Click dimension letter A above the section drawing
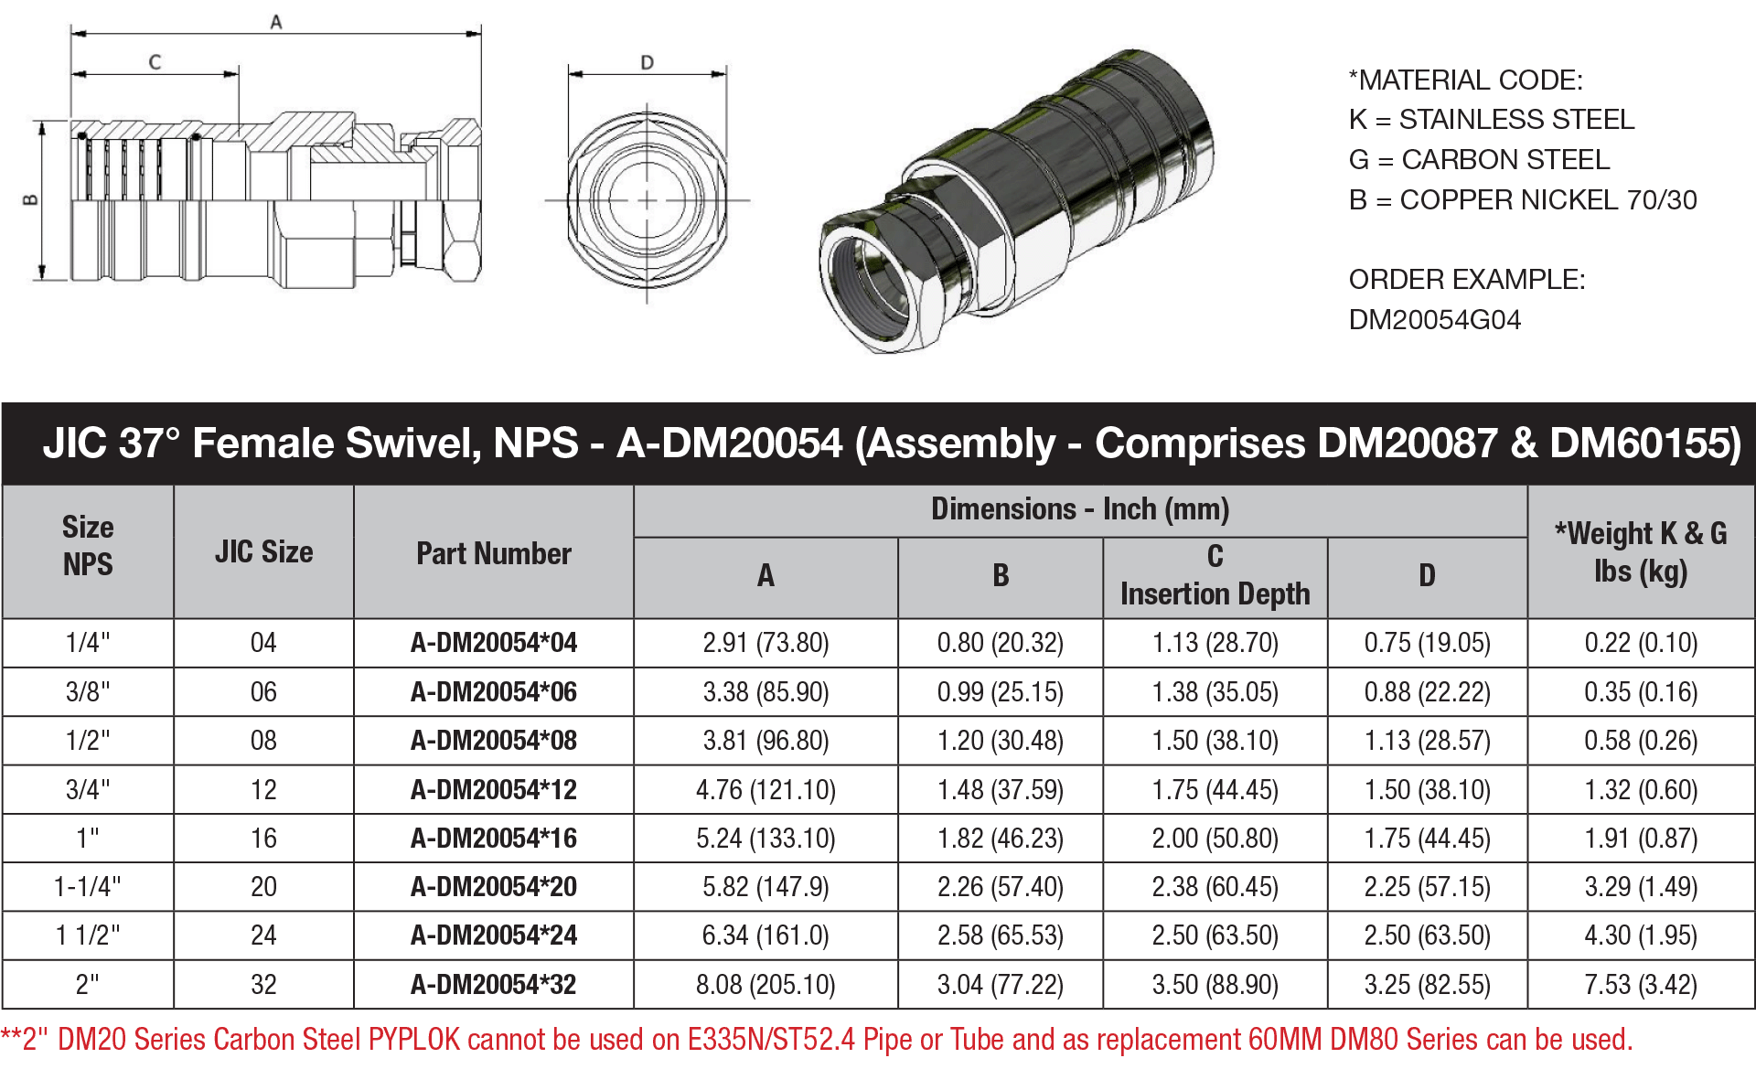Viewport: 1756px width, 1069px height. point(276,22)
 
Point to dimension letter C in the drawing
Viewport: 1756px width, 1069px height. point(155,62)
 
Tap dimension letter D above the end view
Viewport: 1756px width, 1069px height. point(648,62)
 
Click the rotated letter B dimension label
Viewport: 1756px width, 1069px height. point(30,199)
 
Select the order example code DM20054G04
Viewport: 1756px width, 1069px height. point(1434,320)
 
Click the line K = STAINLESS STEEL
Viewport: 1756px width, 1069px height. point(1491,120)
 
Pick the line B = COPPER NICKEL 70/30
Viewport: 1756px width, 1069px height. point(1522,200)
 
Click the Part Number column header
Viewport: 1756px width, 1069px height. point(493,553)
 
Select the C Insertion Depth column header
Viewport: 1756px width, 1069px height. point(1215,576)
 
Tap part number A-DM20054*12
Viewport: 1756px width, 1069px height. point(493,790)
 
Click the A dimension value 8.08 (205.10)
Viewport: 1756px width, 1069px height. point(766,985)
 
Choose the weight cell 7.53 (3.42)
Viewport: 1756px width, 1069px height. point(1641,985)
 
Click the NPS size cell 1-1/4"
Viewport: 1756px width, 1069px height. point(88,887)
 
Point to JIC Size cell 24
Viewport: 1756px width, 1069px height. point(263,935)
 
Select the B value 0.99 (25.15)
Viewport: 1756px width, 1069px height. point(1000,692)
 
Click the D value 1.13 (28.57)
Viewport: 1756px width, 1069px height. point(1427,741)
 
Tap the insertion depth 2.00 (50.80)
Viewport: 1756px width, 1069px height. point(1215,839)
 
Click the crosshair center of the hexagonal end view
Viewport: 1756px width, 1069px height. point(648,200)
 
